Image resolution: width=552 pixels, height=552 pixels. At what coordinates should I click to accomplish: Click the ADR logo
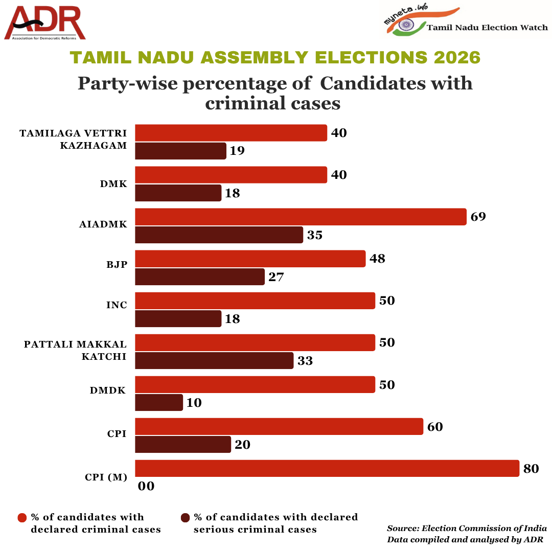(x=45, y=23)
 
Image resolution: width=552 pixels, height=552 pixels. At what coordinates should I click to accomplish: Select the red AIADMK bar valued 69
(x=301, y=217)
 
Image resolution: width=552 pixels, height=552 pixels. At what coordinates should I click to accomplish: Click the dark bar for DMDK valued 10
(x=159, y=402)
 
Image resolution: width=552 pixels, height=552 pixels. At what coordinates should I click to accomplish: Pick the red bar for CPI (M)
(x=327, y=468)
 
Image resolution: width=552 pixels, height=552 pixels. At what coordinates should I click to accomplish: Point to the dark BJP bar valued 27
(x=200, y=277)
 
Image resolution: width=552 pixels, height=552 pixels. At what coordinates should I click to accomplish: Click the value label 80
(x=531, y=468)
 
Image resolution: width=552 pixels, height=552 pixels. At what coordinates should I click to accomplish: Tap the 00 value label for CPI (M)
(x=146, y=486)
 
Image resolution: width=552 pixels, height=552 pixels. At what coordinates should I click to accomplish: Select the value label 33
(x=305, y=360)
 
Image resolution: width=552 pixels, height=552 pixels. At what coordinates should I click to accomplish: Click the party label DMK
(x=113, y=184)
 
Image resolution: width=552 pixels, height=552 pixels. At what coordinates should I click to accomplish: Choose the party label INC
(x=116, y=305)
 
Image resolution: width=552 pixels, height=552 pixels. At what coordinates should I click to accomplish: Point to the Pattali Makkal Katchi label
(x=75, y=350)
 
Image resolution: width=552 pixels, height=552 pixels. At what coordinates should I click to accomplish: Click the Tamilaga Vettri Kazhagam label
(x=73, y=139)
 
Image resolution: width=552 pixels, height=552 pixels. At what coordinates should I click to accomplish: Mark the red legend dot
(x=22, y=518)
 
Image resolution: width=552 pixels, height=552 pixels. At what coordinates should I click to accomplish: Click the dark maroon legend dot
(x=185, y=518)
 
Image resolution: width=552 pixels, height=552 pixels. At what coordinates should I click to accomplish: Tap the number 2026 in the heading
(x=457, y=57)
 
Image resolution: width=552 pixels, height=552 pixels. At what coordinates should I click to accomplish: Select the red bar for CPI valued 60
(x=279, y=426)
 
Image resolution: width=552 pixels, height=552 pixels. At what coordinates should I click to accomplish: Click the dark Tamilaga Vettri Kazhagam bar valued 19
(x=180, y=151)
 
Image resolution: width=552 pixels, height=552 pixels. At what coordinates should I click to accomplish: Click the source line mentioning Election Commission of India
(x=467, y=528)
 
